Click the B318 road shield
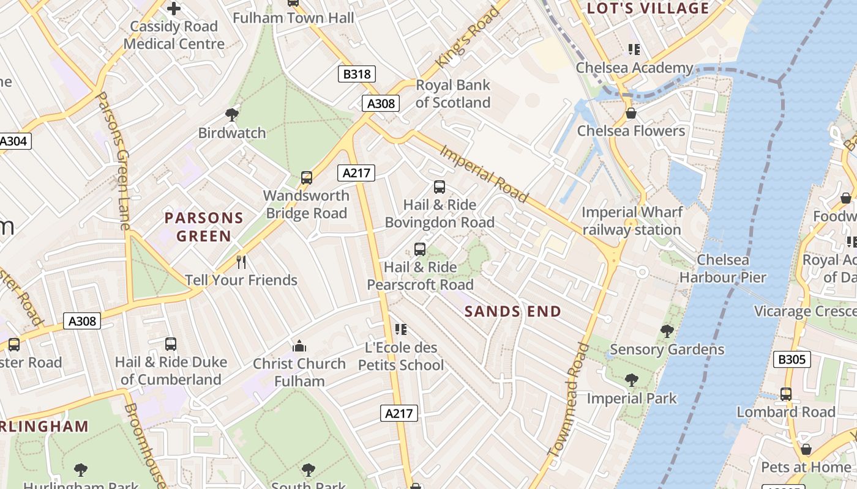[x=356, y=74]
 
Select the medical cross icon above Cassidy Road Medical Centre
[x=174, y=9]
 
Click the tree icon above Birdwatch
[x=232, y=114]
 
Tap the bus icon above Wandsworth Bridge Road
[x=307, y=178]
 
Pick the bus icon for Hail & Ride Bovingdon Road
[x=439, y=187]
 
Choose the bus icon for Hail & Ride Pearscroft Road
[x=419, y=249]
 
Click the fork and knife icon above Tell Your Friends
[x=241, y=262]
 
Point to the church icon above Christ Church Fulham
[x=299, y=346]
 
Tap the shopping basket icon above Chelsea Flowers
[x=631, y=113]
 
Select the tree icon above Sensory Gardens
[x=667, y=331]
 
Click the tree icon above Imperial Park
[x=631, y=380]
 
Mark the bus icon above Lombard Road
[x=786, y=394]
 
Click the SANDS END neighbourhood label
[x=512, y=312]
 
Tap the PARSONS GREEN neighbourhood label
[x=204, y=227]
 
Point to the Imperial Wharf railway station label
[x=632, y=221]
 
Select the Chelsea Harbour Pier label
[x=722, y=269]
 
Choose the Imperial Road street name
[x=483, y=174]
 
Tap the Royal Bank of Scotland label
[x=453, y=94]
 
